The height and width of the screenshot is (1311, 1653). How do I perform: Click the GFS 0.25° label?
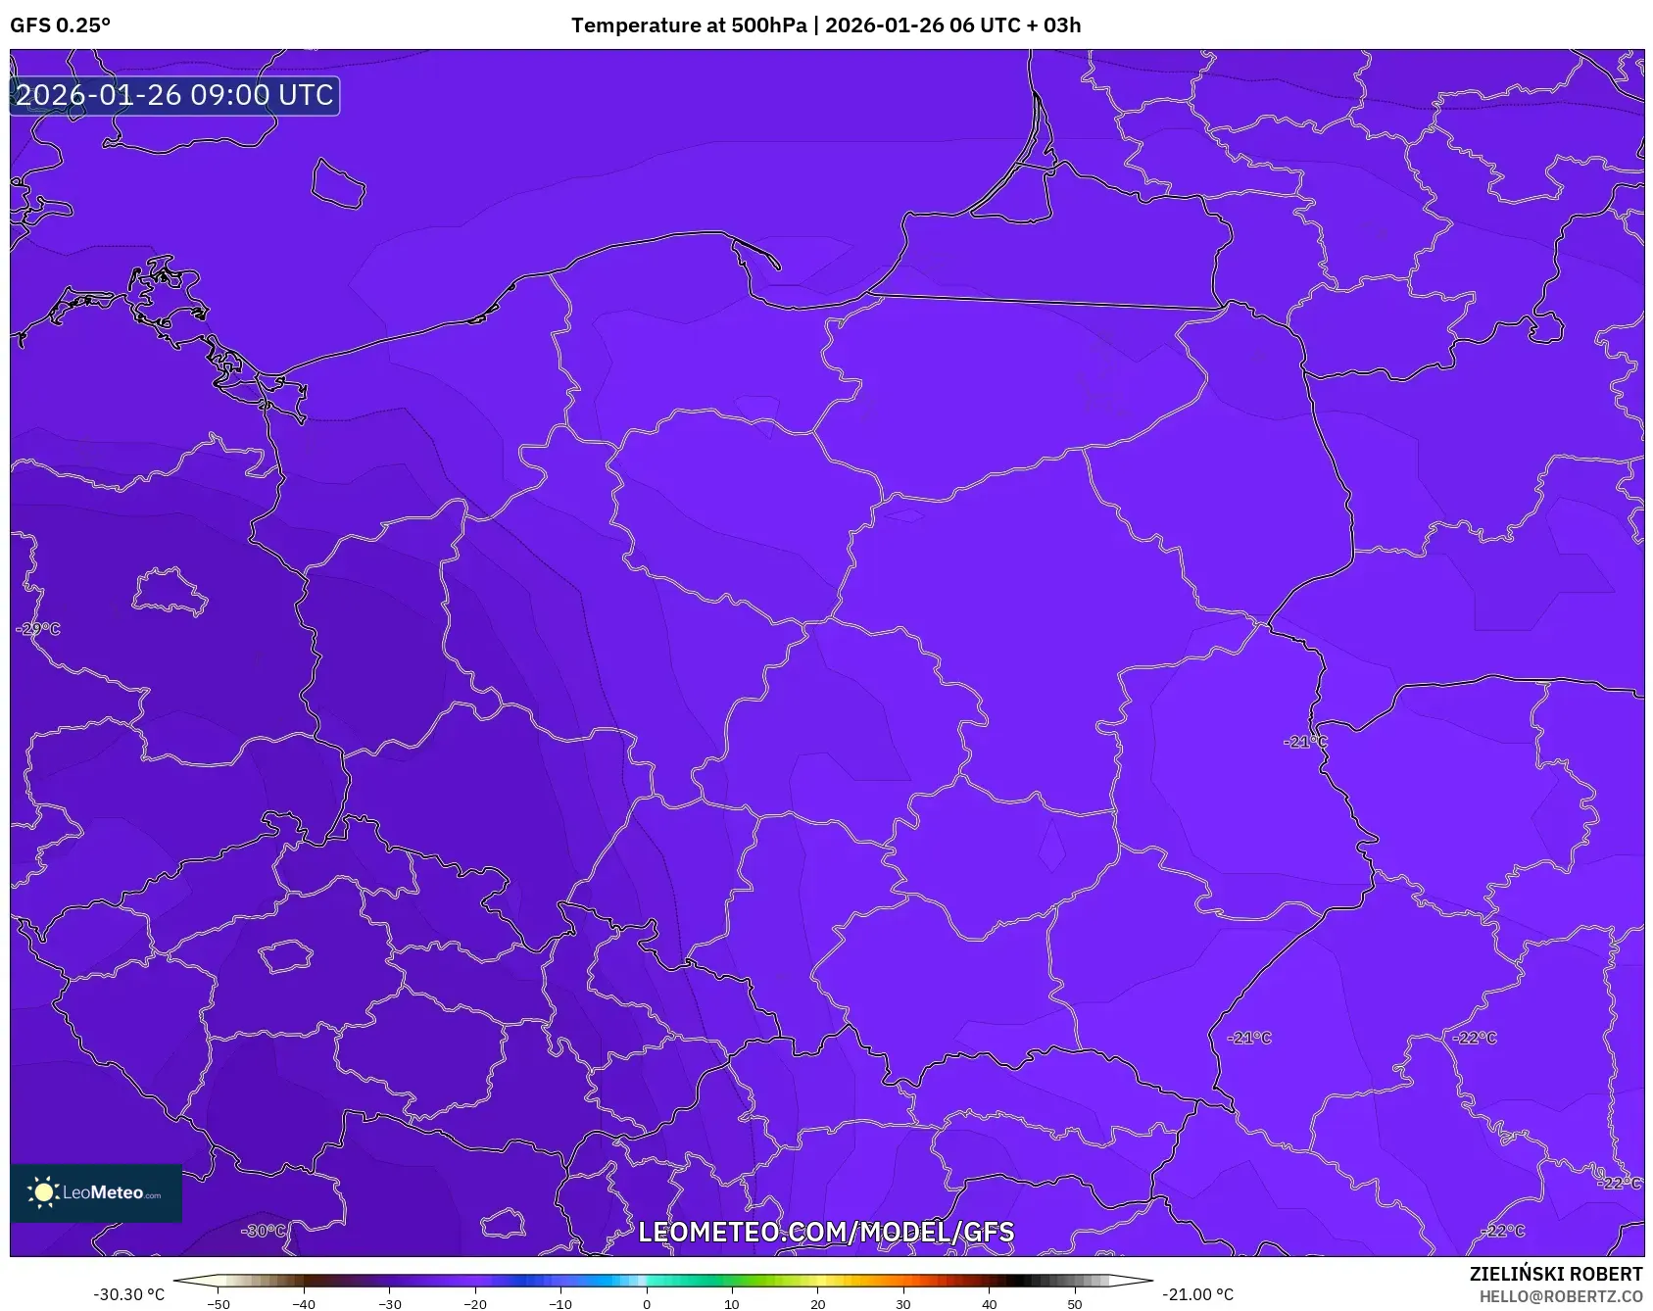61,25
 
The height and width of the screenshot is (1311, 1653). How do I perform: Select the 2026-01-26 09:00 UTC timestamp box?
174,96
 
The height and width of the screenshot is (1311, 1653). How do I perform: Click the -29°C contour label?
38,629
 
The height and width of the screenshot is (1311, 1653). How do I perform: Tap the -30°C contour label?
264,1231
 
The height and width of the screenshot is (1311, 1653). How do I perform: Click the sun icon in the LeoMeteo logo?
43,1192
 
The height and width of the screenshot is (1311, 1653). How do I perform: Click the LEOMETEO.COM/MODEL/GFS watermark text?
826,1233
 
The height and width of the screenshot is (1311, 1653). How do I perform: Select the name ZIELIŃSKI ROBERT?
1555,1274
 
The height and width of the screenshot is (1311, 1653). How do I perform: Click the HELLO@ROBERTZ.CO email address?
1560,1296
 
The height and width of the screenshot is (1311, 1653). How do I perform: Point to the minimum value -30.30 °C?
129,1294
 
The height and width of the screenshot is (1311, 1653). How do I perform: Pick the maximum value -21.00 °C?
1197,1294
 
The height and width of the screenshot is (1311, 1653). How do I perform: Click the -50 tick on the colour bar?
219,1303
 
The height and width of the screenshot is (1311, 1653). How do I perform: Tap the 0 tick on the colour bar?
647,1303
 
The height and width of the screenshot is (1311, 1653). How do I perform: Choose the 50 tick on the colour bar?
1075,1303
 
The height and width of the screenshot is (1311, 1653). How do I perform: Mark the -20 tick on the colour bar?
475,1303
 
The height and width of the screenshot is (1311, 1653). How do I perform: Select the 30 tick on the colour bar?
903,1303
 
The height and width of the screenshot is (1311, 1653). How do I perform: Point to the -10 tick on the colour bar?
560,1303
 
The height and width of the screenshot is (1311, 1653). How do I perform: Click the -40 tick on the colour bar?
304,1303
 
